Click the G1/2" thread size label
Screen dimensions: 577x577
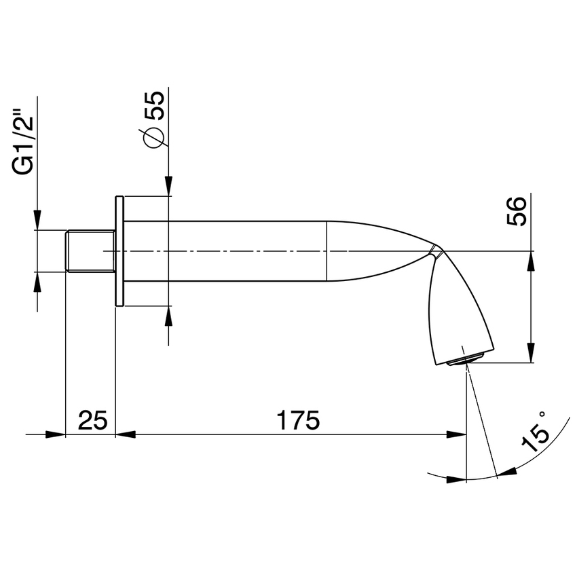(26, 145)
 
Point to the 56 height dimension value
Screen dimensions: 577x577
(517, 212)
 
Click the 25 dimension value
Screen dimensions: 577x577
(92, 420)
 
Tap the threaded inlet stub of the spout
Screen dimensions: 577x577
(89, 251)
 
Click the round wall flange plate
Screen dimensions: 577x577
(119, 251)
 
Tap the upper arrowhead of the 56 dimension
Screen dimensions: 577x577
(531, 261)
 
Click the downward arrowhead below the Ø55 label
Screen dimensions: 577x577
(168, 187)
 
